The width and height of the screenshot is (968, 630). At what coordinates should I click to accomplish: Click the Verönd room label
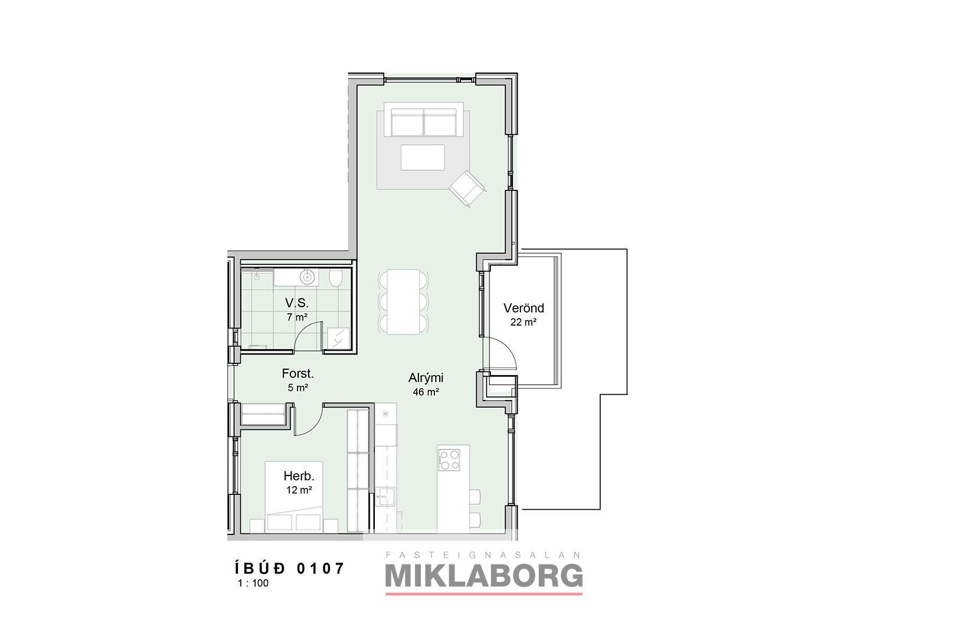click(x=524, y=309)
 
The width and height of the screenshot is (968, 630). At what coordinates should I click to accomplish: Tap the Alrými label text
click(x=426, y=378)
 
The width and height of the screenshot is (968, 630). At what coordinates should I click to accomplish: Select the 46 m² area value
click(x=426, y=392)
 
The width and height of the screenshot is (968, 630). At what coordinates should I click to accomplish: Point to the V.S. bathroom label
click(x=296, y=303)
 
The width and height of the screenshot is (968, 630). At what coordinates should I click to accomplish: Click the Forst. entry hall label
click(x=297, y=373)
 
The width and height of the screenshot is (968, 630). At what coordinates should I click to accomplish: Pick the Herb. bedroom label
click(x=299, y=476)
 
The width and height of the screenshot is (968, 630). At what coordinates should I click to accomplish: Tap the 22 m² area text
click(x=524, y=322)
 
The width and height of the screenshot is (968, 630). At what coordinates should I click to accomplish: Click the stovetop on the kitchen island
click(x=449, y=460)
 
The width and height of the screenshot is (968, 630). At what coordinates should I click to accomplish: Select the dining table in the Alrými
click(x=404, y=302)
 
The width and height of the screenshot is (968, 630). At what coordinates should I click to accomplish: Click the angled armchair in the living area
click(x=467, y=188)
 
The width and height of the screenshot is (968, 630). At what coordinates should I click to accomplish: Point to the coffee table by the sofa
click(x=422, y=157)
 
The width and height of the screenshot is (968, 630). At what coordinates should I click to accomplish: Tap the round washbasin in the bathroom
click(x=308, y=276)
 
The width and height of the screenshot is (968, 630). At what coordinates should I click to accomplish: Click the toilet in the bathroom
click(x=335, y=278)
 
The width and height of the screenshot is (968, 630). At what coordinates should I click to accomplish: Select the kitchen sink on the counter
click(x=385, y=496)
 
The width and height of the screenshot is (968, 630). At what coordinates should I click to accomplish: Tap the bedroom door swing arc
click(x=309, y=421)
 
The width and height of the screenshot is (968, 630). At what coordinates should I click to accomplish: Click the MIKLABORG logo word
click(x=483, y=576)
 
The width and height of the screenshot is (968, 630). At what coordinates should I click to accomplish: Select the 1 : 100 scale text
click(x=253, y=583)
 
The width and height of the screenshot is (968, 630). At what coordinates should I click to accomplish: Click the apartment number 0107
click(x=321, y=568)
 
